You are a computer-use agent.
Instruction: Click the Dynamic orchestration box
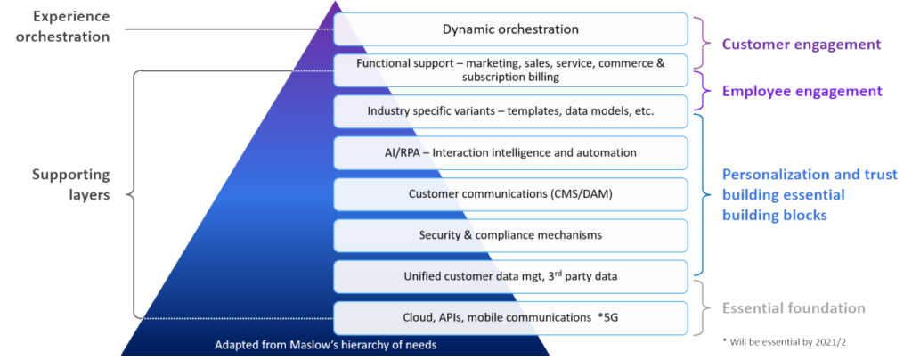(x=510, y=29)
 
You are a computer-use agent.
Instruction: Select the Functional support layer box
(x=510, y=70)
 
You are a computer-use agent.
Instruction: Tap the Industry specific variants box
(x=510, y=111)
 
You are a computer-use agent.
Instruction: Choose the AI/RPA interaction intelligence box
(x=510, y=152)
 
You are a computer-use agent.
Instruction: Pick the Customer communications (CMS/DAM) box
(x=510, y=193)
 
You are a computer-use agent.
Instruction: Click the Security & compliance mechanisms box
(x=510, y=234)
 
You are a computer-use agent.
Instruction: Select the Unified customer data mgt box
(x=510, y=276)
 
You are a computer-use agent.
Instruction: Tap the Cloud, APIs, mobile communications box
(x=510, y=317)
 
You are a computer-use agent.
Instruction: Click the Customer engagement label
(x=801, y=44)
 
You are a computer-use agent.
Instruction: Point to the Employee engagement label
(x=802, y=91)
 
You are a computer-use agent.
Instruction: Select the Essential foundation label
(x=794, y=308)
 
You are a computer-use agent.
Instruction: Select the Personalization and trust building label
(x=795, y=194)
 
